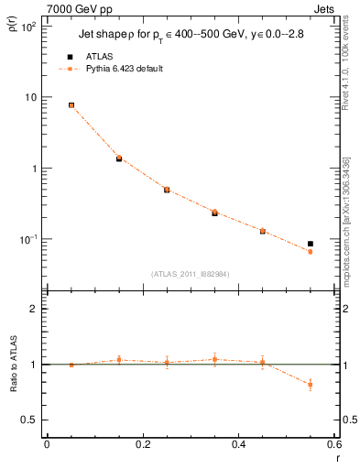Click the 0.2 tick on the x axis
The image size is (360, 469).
tap(142, 446)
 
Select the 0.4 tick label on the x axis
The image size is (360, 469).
tap(238, 446)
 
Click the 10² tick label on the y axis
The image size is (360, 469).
tap(28, 27)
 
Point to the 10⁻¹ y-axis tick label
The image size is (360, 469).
tap(28, 239)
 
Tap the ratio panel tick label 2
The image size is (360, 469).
tap(33, 309)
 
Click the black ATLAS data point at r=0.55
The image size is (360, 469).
tap(311, 244)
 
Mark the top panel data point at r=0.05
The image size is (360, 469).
tap(71, 105)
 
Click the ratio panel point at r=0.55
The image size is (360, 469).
tap(311, 385)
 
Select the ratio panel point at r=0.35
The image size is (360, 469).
tap(214, 359)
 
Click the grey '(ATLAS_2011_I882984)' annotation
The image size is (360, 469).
tap(191, 273)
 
